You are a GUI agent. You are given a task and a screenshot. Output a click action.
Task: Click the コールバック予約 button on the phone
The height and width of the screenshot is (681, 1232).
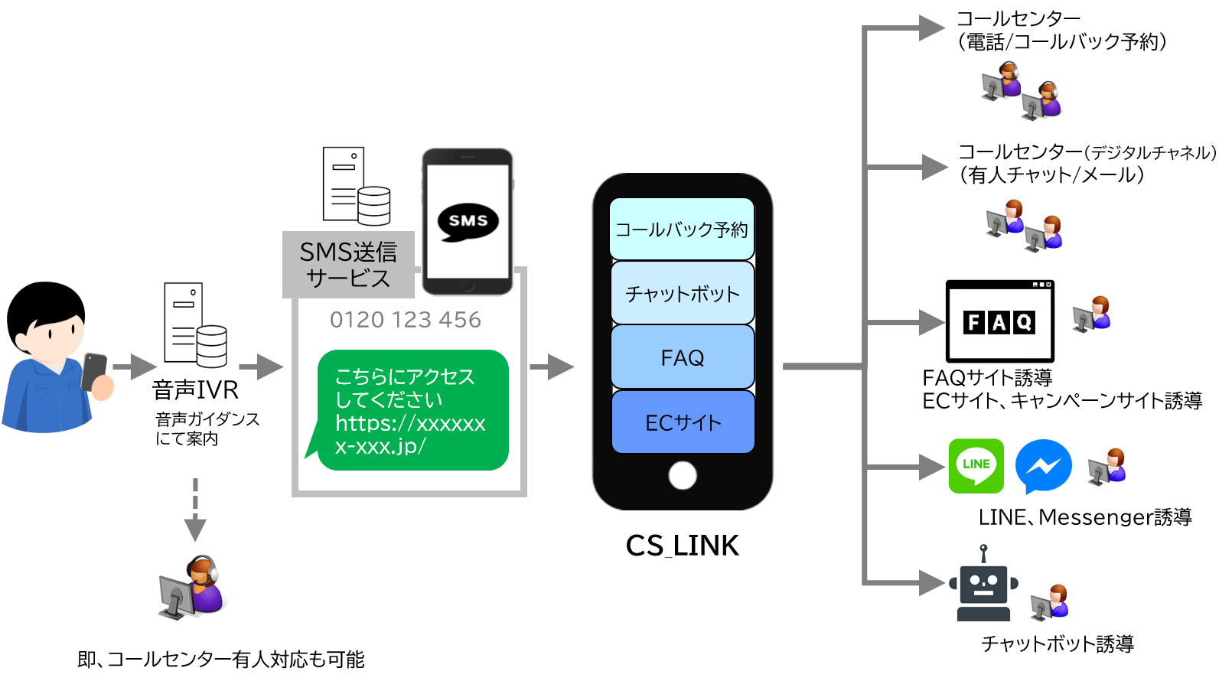pyautogui.click(x=682, y=229)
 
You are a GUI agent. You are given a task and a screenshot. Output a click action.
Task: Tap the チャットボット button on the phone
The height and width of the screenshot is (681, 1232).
pyautogui.click(x=682, y=293)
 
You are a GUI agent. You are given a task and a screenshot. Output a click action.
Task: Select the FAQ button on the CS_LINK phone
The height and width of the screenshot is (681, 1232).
pyautogui.click(x=682, y=357)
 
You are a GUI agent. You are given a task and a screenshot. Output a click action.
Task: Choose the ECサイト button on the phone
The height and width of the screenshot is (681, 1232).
pyautogui.click(x=682, y=422)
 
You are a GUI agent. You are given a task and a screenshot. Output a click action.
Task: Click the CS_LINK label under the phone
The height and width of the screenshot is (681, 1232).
pyautogui.click(x=682, y=546)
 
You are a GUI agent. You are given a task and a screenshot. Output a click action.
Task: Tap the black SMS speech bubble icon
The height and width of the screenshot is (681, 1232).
pyautogui.click(x=468, y=222)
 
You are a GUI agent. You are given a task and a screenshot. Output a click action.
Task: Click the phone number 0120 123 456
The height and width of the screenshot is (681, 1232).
pyautogui.click(x=405, y=320)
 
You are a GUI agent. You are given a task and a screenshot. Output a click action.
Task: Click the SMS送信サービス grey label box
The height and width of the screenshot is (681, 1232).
pyautogui.click(x=348, y=265)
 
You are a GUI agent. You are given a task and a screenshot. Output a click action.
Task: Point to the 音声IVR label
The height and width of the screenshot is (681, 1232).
pyautogui.click(x=195, y=390)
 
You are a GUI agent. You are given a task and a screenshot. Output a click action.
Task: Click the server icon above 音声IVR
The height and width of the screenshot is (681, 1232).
pyautogui.click(x=195, y=325)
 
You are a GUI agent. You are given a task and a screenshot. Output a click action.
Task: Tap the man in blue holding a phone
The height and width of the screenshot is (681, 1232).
pyautogui.click(x=58, y=358)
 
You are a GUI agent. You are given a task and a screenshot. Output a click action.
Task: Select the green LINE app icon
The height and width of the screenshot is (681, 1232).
pyautogui.click(x=976, y=467)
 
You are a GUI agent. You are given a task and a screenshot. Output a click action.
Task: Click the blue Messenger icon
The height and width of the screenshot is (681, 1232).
pyautogui.click(x=1043, y=467)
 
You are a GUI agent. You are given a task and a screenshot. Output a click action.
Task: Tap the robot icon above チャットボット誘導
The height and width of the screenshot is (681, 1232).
pyautogui.click(x=983, y=583)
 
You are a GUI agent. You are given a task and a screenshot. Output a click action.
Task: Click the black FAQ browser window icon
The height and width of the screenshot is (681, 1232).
pyautogui.click(x=1002, y=321)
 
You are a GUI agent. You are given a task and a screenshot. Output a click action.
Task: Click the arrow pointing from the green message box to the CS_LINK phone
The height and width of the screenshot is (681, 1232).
pyautogui.click(x=551, y=367)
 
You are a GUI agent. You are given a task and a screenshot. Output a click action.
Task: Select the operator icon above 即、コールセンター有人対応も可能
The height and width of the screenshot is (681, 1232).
pyautogui.click(x=194, y=588)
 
